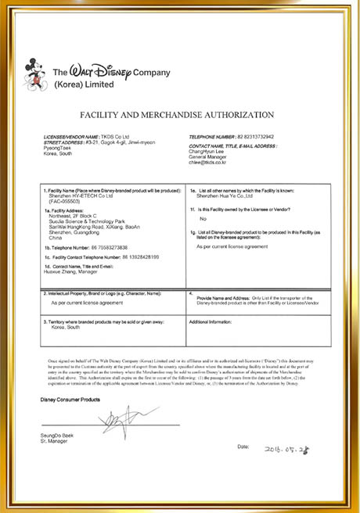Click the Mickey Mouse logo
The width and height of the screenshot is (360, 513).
[37, 74]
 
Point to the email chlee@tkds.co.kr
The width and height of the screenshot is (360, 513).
[205, 163]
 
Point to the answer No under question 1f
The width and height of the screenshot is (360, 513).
[204, 220]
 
